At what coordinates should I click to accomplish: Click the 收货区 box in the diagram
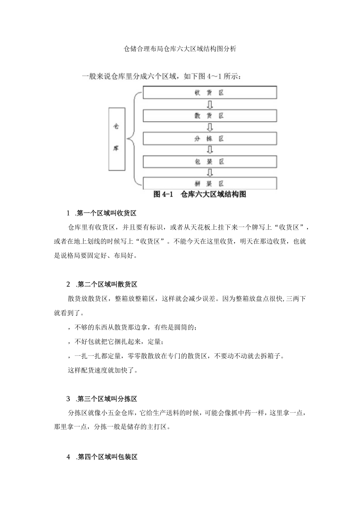coord(209,93)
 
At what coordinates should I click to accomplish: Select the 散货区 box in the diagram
coord(209,116)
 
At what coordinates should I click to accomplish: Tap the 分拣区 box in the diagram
coord(209,138)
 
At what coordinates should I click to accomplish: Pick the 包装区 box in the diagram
coord(209,161)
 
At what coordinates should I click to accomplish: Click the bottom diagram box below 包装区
coord(209,183)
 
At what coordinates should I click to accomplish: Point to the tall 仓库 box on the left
coord(117,139)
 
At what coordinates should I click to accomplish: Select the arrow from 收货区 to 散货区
coord(210,104)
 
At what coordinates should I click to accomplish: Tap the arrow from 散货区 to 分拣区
coord(210,127)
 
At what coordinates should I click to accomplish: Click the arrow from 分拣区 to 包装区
coord(210,150)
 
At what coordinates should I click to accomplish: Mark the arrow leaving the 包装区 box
coord(210,172)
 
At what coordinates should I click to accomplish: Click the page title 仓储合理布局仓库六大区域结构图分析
coord(180,49)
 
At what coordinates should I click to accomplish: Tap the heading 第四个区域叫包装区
coord(107,457)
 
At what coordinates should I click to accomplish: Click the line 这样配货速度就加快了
coord(103,370)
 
